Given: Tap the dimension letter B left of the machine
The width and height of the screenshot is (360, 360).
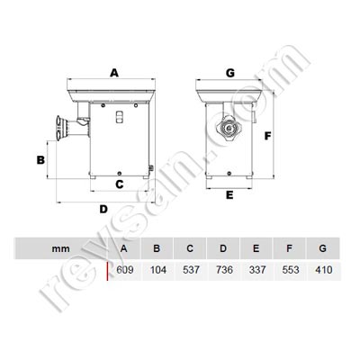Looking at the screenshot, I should pyautogui.click(x=40, y=159).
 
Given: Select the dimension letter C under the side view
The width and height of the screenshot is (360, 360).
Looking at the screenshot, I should pyautogui.click(x=120, y=184).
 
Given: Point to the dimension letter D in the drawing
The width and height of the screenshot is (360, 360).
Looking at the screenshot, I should pyautogui.click(x=103, y=209).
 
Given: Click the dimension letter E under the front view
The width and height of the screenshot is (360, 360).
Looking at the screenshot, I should pyautogui.click(x=229, y=194).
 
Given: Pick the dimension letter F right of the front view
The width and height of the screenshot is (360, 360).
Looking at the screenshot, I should pyautogui.click(x=267, y=137).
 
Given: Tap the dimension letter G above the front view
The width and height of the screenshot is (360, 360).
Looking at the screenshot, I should pyautogui.click(x=230, y=71).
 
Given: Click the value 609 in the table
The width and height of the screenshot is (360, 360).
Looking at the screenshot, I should pyautogui.click(x=124, y=269).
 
